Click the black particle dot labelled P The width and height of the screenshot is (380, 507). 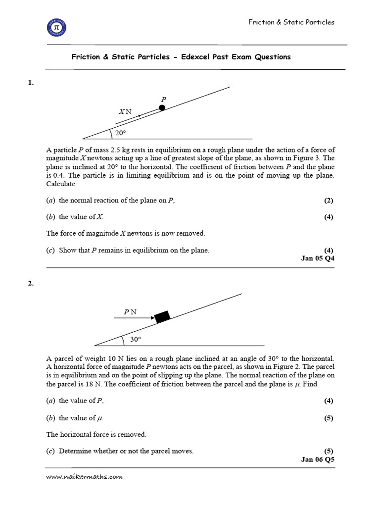coord(162,108)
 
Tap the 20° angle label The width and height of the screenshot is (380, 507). coord(121,133)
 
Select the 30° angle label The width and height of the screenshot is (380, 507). coord(136,340)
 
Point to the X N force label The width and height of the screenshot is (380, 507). coord(125,112)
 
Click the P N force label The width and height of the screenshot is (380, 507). coord(130,312)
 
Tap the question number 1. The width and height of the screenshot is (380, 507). coord(31,83)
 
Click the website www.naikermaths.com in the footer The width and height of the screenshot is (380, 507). coord(84,477)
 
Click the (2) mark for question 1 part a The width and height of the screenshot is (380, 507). coord(329,201)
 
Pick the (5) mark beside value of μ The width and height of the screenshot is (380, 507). coord(329,418)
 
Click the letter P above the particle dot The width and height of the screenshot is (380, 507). coord(163,99)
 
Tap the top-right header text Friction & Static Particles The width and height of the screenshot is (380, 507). coord(291,22)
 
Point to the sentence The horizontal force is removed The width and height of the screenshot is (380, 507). coord(96,434)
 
